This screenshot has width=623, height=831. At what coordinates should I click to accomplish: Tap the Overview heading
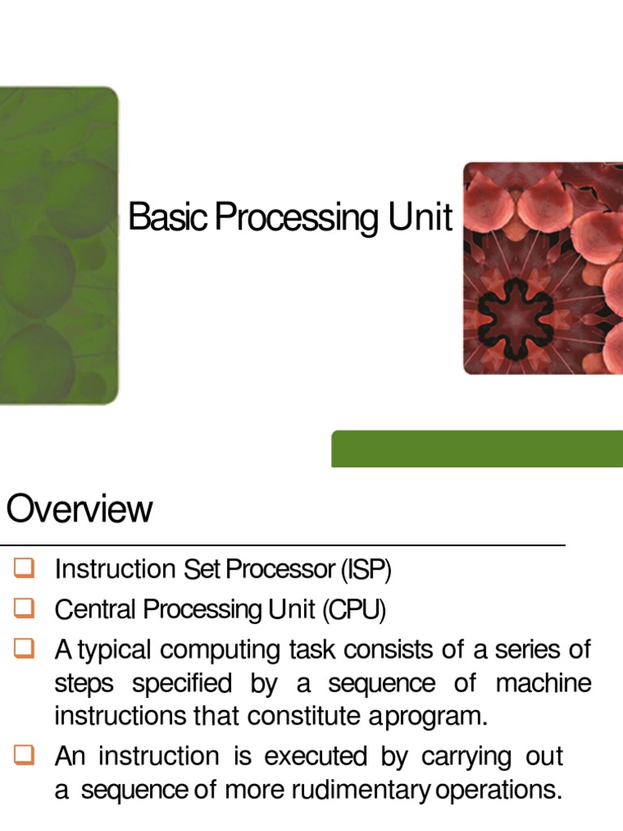[x=79, y=510]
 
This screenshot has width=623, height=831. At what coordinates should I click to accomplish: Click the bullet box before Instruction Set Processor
[x=24, y=569]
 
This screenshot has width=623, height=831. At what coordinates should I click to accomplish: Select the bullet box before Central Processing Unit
[x=24, y=608]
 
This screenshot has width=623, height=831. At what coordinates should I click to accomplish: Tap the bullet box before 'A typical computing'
[x=24, y=648]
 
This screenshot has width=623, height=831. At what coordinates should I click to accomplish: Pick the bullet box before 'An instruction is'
[x=24, y=756]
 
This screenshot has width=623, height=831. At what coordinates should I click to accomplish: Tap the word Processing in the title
[x=288, y=219]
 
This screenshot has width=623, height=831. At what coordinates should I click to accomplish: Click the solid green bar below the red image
[x=477, y=448]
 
